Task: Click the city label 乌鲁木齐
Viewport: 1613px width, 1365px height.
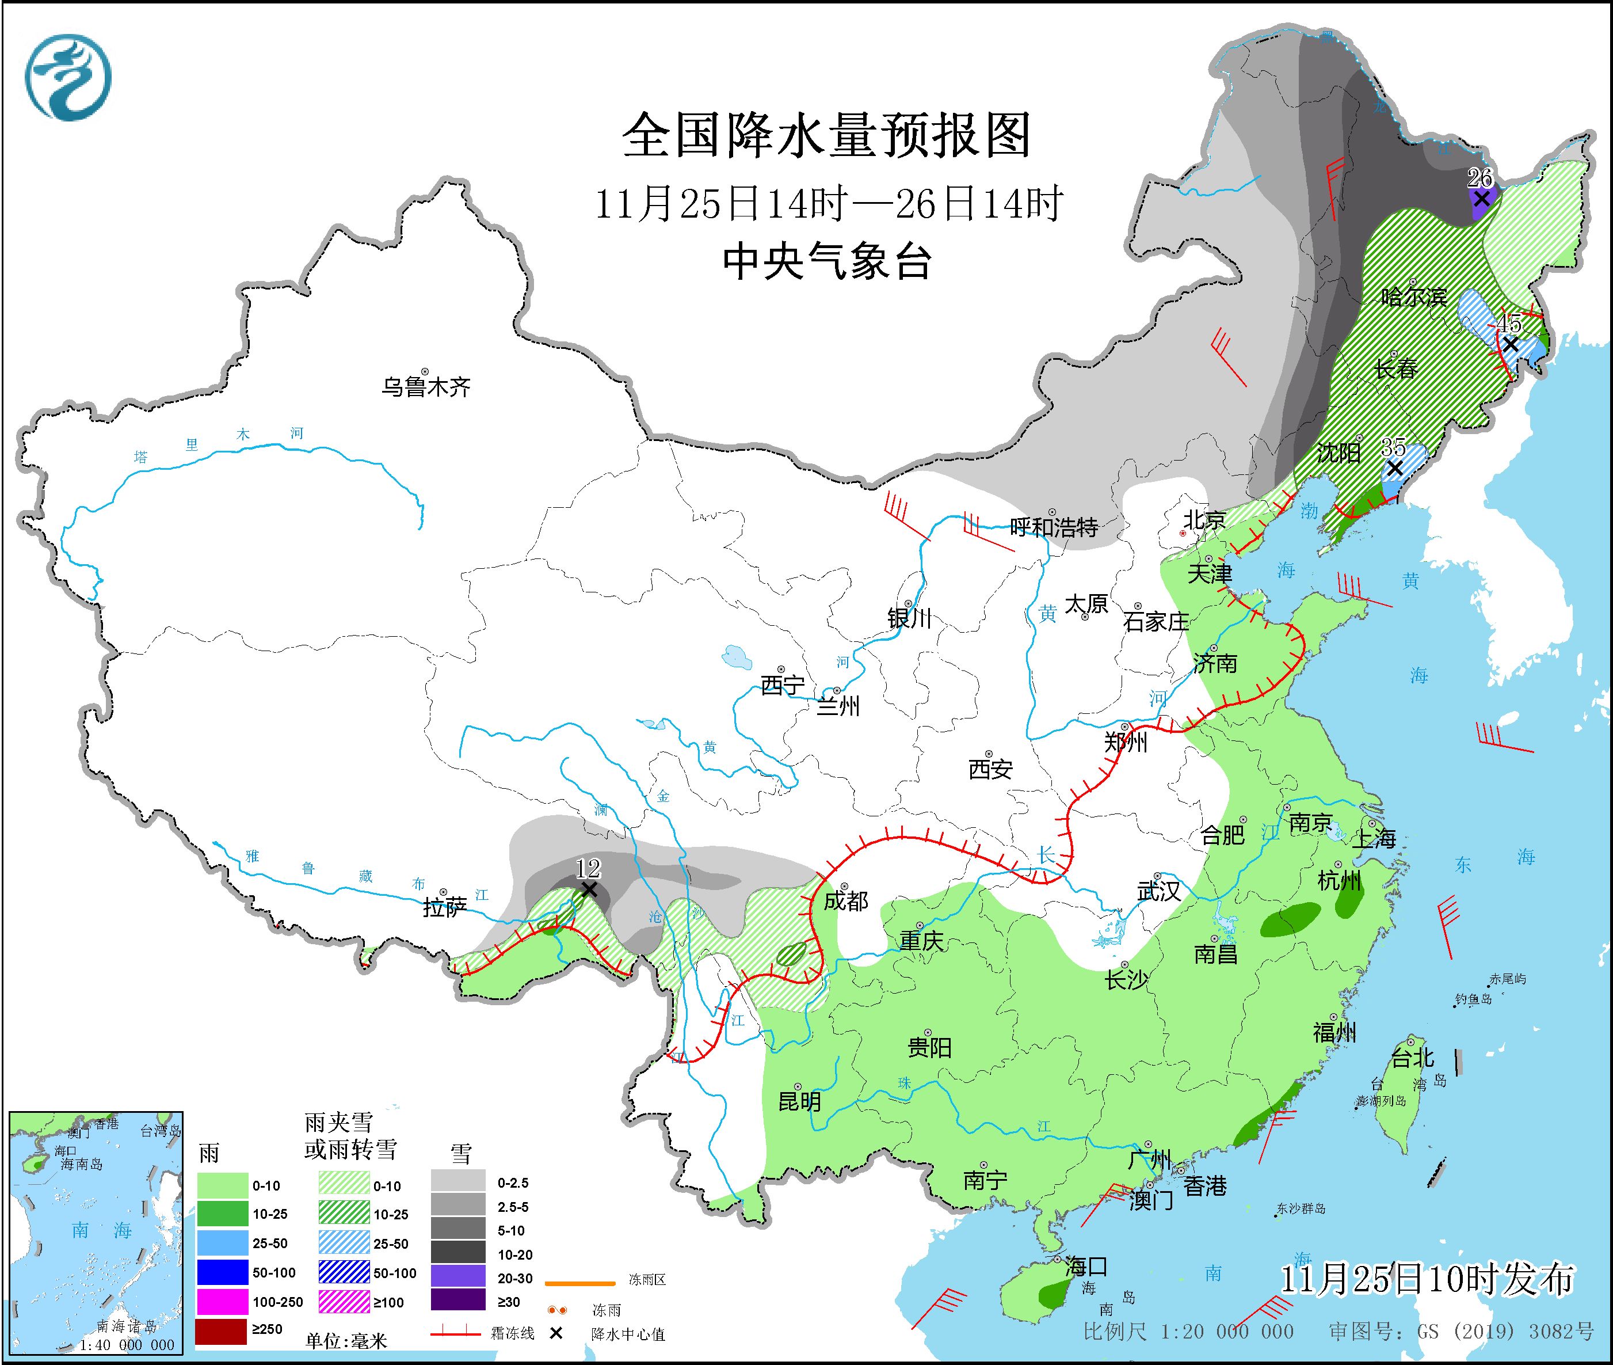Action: pyautogui.click(x=425, y=386)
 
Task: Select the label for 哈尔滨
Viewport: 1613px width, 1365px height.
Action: pyautogui.click(x=1414, y=297)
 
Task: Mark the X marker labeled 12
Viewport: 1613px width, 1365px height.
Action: pyautogui.click(x=589, y=890)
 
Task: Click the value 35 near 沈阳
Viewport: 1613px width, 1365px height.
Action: pyautogui.click(x=1393, y=447)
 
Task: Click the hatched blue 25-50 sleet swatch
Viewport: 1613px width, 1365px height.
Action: pyautogui.click(x=344, y=1244)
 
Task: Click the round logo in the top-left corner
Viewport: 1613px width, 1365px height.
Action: pyautogui.click(x=68, y=77)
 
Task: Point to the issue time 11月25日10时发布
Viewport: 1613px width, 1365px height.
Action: pyautogui.click(x=1427, y=1279)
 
